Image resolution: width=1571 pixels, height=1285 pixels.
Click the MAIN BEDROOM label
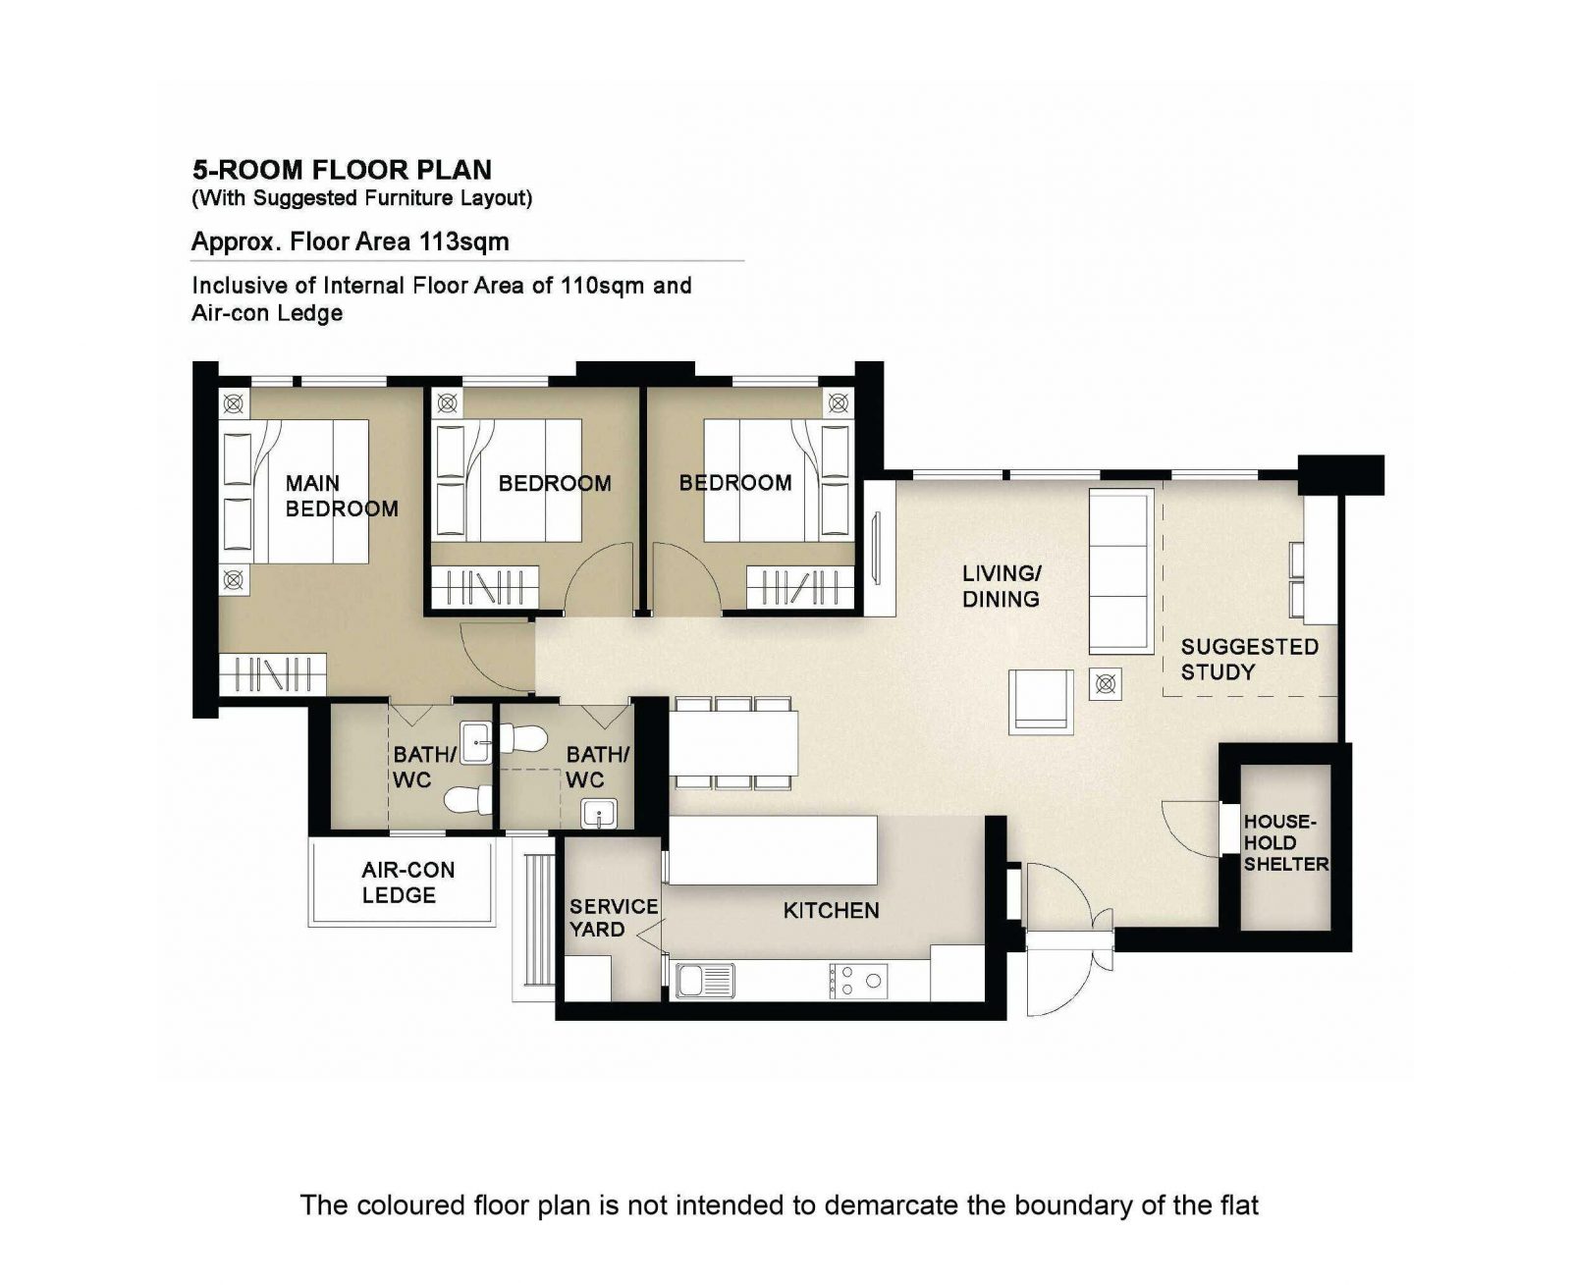[341, 496]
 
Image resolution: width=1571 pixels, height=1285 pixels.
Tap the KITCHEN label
[831, 910]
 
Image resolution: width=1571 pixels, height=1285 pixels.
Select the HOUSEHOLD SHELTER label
[1285, 842]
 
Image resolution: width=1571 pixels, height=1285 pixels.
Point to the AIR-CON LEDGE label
[407, 882]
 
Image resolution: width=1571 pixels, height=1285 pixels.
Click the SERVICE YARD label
[613, 918]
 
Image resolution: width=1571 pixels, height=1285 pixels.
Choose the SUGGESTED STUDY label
[1249, 660]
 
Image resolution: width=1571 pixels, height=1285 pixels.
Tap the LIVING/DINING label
[1002, 586]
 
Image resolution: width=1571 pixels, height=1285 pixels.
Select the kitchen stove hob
[858, 981]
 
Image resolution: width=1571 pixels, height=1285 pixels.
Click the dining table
[733, 743]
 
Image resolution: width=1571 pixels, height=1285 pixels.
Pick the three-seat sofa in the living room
[1120, 571]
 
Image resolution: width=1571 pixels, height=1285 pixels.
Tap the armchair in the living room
[1042, 701]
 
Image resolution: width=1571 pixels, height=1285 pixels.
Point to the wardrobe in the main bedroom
[273, 674]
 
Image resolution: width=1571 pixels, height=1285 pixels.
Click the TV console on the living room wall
[879, 549]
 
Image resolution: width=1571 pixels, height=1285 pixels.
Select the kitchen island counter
[773, 850]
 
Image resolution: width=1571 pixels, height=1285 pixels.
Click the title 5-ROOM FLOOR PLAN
[342, 170]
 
